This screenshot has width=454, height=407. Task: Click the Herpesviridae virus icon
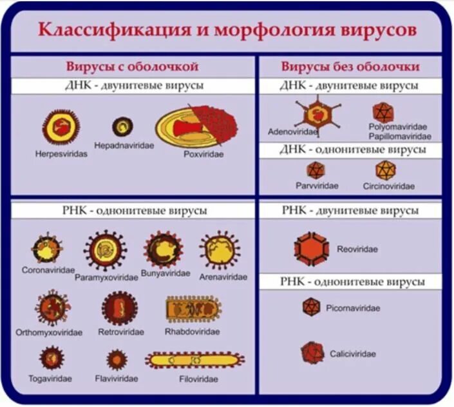(60, 127)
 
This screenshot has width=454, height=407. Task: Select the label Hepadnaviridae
(124, 146)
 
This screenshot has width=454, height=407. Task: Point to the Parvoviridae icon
(316, 170)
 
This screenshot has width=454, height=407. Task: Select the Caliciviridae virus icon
(312, 353)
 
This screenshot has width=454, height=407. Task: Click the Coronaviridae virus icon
(47, 249)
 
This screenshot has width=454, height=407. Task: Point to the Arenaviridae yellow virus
(220, 250)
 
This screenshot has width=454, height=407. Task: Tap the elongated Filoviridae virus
(194, 359)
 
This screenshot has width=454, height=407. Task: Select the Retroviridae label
(121, 332)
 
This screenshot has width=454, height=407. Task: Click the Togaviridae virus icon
(51, 357)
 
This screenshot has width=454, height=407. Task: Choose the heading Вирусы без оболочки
(350, 66)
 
